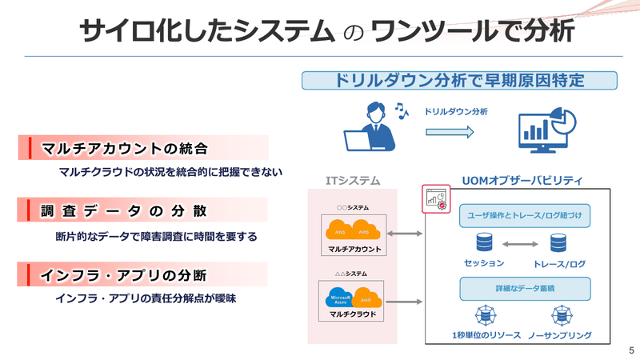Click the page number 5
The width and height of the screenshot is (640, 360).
(x=631, y=350)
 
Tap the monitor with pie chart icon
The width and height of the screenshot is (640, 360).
(x=548, y=128)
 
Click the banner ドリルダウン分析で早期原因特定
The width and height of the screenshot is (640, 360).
(x=459, y=82)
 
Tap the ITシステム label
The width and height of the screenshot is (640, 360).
(x=353, y=181)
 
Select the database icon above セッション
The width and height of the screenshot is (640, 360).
(x=483, y=242)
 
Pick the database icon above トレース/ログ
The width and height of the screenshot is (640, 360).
(x=559, y=242)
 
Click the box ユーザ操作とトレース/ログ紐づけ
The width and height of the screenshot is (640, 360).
(x=525, y=215)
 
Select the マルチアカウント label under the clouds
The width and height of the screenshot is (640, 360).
(x=353, y=250)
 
